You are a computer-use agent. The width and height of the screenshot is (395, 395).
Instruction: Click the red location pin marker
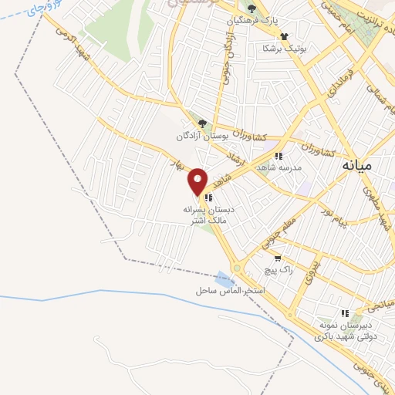tap(198, 181)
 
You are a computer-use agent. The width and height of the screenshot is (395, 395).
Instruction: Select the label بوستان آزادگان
tap(181, 137)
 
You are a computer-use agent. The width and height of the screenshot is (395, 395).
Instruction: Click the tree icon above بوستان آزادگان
tap(202, 123)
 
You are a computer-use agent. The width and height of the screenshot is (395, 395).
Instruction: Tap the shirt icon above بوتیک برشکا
tap(284, 35)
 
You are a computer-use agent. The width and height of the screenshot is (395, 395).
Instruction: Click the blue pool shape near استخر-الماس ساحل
tap(225, 279)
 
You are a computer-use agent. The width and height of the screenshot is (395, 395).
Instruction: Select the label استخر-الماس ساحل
tap(230, 292)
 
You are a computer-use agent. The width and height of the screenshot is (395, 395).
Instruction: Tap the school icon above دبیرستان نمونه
tap(346, 313)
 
